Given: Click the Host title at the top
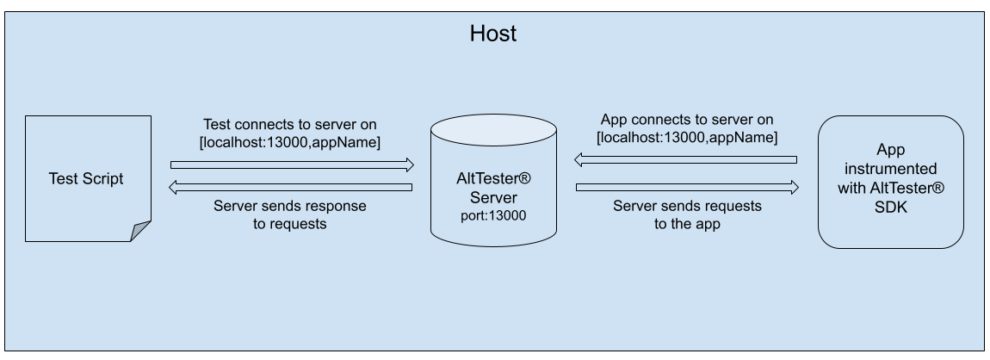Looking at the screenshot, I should [493, 34].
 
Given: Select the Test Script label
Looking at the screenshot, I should [86, 178].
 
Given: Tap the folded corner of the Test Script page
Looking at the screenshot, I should [141, 231].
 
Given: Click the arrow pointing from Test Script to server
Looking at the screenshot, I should [292, 164].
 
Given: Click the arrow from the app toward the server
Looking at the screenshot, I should [686, 159].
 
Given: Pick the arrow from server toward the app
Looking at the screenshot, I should [687, 187].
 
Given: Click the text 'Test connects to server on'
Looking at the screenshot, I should [289, 124].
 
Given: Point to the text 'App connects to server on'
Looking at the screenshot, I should [686, 119].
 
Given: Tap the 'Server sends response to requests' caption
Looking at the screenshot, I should [289, 214].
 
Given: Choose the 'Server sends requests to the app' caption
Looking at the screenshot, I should [686, 214].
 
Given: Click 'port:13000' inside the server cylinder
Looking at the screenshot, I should [493, 215].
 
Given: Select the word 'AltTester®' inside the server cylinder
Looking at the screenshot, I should [493, 179].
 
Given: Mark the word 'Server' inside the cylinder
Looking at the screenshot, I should [493, 197].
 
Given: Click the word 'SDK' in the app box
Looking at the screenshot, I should [890, 207].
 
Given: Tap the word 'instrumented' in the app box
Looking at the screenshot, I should [890, 168].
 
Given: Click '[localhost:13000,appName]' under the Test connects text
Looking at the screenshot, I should [289, 142].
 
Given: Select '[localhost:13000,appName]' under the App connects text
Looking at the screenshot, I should [686, 137].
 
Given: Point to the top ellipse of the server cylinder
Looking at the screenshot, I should [493, 130].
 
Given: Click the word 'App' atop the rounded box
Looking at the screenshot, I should [890, 149].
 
